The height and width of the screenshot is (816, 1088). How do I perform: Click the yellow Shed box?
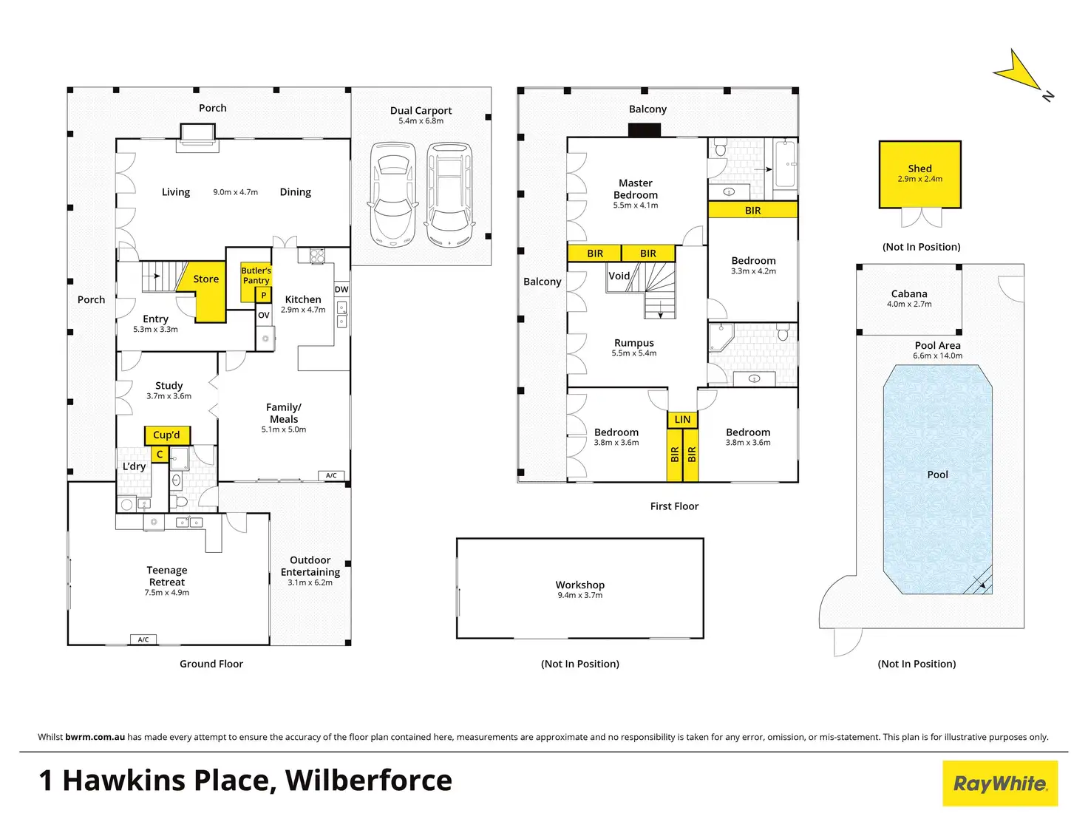919,174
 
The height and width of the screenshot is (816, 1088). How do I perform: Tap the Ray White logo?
1000,783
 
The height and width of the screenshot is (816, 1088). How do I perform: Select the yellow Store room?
206,279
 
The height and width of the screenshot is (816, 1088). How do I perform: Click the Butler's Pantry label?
256,276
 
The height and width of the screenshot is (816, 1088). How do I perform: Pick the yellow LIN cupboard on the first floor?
682,420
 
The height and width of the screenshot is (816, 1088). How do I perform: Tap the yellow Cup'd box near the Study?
166,435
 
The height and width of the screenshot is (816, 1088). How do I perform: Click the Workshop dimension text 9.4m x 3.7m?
580,596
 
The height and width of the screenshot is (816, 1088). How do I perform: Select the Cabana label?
909,293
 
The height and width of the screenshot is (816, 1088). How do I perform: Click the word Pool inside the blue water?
937,475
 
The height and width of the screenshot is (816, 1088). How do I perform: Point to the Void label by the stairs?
619,276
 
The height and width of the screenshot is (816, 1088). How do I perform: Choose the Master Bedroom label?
636,188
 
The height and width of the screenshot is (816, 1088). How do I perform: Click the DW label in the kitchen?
341,290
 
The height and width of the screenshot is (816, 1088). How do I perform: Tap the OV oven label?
264,315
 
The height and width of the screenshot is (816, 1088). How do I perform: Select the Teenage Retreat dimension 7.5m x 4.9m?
167,593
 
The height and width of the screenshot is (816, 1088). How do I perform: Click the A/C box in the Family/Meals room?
331,475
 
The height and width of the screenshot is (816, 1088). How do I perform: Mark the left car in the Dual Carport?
392,193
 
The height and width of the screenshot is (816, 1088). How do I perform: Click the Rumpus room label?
634,343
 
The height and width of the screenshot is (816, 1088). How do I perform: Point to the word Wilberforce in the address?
368,781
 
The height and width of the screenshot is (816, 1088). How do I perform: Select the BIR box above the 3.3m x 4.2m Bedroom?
752,211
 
